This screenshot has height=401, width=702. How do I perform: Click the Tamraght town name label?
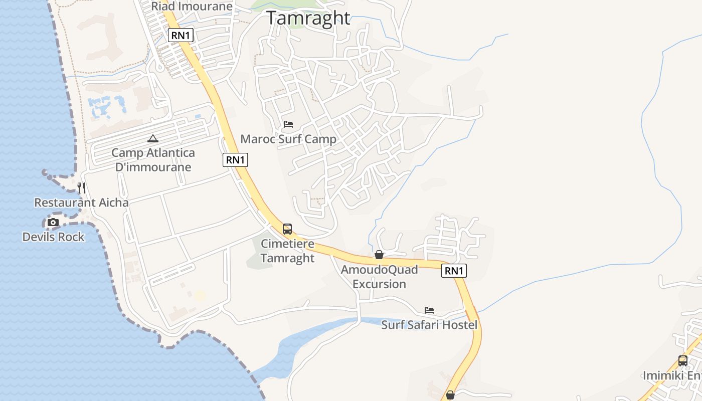(x=308, y=18)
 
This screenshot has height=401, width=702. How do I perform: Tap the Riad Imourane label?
(x=192, y=6)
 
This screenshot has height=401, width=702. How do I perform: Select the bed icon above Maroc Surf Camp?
(x=288, y=124)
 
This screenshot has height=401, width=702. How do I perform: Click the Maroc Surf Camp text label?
(x=288, y=139)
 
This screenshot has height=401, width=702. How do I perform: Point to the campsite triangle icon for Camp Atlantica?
(x=153, y=138)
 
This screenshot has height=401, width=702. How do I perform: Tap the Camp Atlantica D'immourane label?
(x=153, y=160)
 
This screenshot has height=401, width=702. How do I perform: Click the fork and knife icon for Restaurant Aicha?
(x=81, y=188)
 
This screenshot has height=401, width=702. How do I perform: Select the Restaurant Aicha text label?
(x=81, y=203)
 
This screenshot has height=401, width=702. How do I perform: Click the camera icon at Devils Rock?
(x=53, y=222)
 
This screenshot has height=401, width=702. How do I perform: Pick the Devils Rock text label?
(x=53, y=237)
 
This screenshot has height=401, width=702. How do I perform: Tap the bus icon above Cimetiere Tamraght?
(x=287, y=229)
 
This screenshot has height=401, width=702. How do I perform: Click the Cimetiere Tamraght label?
(x=287, y=251)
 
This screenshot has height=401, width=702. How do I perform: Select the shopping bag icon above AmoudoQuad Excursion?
(x=379, y=255)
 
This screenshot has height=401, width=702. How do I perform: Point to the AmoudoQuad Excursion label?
(x=379, y=277)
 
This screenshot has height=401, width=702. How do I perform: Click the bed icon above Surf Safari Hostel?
(x=429, y=310)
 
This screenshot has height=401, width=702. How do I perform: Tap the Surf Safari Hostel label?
(x=429, y=325)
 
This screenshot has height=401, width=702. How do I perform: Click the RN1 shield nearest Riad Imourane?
(x=181, y=35)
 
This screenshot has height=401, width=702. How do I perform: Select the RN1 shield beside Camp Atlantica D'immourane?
(x=235, y=160)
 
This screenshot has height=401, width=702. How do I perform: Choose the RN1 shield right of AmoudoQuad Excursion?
(x=454, y=271)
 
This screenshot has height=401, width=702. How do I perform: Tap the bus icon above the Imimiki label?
(x=683, y=360)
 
